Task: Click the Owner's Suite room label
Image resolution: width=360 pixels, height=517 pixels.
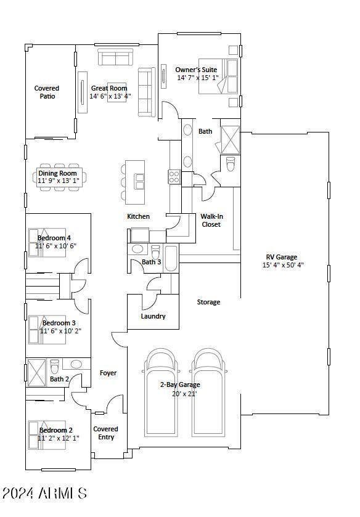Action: pyautogui.click(x=196, y=70)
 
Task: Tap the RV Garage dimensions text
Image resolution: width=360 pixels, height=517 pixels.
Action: pyautogui.click(x=283, y=265)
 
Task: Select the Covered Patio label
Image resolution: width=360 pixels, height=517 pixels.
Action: pyautogui.click(x=47, y=92)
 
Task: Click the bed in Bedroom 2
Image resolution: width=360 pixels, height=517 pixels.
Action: pyautogui.click(x=47, y=435)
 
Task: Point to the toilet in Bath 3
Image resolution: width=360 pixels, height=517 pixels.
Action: pyautogui.click(x=155, y=252)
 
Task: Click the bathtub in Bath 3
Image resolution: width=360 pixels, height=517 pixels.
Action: pyautogui.click(x=171, y=258)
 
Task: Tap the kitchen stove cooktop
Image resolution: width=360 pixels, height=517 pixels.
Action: pyautogui.click(x=174, y=176)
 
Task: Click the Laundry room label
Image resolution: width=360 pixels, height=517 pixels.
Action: pyautogui.click(x=153, y=316)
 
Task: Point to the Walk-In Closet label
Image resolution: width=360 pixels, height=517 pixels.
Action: pyautogui.click(x=211, y=220)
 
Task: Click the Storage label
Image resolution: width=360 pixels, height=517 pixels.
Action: pyautogui.click(x=208, y=302)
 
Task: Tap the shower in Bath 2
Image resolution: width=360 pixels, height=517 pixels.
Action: pyautogui.click(x=36, y=373)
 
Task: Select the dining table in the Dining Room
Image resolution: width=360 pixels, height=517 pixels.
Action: pyautogui.click(x=60, y=177)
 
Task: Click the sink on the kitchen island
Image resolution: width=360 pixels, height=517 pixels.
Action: pyautogui.click(x=139, y=181)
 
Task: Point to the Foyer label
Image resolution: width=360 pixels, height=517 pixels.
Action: pyautogui.click(x=108, y=373)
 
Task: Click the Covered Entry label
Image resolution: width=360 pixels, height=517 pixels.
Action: pyautogui.click(x=106, y=433)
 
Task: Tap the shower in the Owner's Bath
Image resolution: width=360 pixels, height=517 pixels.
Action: pyautogui.click(x=230, y=139)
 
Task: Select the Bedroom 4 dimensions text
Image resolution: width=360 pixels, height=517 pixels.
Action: pyautogui.click(x=55, y=246)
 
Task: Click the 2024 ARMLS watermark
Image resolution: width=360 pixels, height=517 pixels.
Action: pyautogui.click(x=44, y=493)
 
